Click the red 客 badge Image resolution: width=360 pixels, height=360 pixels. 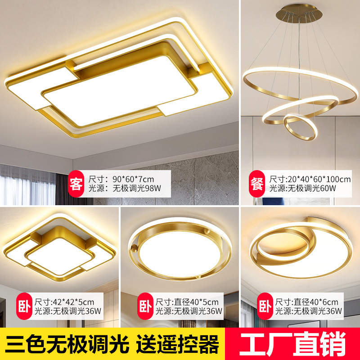(76, 183)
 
